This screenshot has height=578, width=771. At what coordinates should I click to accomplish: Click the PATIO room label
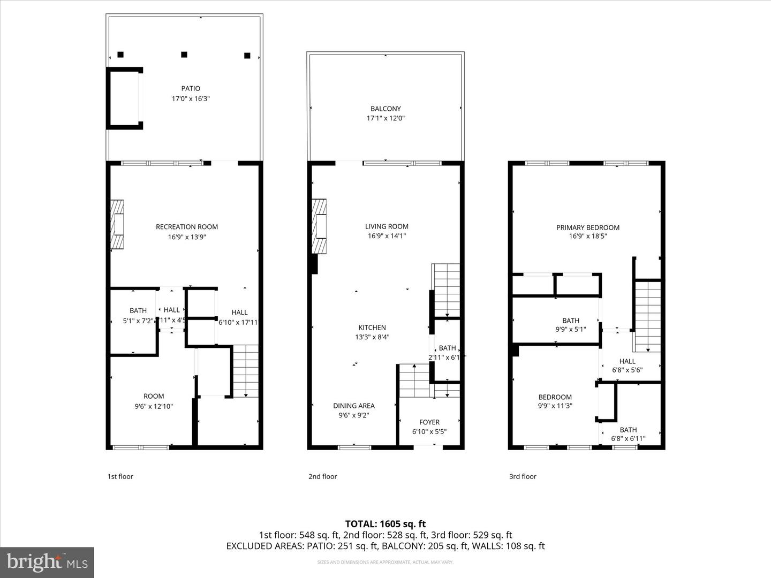191,89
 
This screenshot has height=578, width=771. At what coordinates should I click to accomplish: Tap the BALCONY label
385,109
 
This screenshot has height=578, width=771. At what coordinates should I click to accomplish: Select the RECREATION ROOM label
187,227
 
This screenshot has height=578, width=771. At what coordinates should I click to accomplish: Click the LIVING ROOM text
387,226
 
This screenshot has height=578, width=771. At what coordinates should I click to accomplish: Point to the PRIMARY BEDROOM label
588,227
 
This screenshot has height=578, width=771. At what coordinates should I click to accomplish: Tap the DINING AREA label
353,406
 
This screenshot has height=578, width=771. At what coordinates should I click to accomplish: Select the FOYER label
429,422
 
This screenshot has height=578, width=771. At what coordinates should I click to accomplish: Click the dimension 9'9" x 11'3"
555,406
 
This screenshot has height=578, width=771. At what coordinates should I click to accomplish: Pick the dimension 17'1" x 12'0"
385,118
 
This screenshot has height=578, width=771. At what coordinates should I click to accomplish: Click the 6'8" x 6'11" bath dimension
628,439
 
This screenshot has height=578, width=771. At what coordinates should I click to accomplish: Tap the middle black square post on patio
184,55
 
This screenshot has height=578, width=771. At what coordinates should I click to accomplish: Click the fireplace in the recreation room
117,225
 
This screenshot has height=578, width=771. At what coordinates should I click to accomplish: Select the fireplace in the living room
319,226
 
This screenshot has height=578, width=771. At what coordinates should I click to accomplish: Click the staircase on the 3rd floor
648,316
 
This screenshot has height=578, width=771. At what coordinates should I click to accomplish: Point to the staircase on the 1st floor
246,371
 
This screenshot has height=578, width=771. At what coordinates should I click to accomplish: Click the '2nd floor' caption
322,476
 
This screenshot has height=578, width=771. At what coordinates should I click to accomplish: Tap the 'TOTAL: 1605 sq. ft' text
385,524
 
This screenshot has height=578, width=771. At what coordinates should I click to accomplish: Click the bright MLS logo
47,562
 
